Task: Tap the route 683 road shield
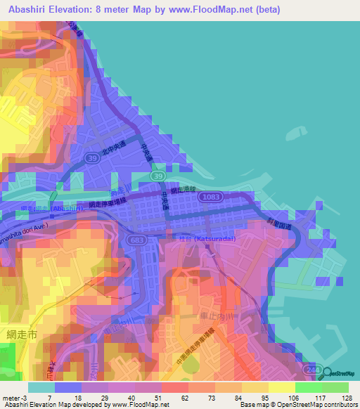coord(137,240)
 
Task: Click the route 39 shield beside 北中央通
coord(91,160)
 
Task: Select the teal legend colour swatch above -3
coord(41,387)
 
